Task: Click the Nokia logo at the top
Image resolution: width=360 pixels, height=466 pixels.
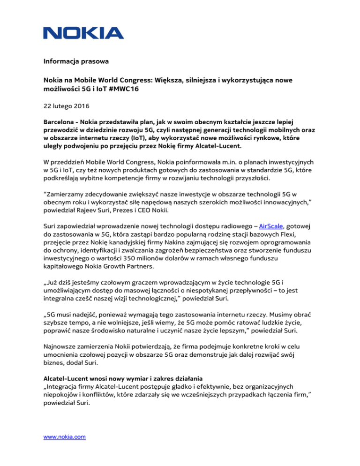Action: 83,32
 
